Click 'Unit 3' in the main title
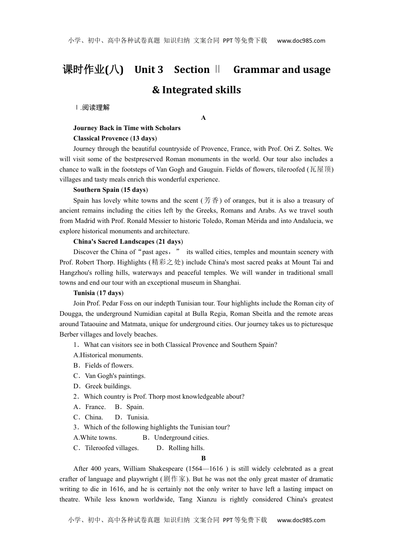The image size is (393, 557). [x=149, y=70]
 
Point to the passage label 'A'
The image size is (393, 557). [x=203, y=118]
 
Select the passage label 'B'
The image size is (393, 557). [x=203, y=458]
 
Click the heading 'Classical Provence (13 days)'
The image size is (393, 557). [x=115, y=138]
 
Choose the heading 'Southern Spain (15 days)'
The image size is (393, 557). [x=110, y=190]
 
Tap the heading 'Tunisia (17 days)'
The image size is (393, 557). [x=98, y=293]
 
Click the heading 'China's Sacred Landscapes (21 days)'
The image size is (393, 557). [x=128, y=242]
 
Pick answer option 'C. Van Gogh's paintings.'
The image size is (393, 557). [x=109, y=376]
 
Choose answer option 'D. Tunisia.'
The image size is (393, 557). [x=132, y=417]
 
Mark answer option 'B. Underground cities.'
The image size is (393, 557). [x=176, y=438]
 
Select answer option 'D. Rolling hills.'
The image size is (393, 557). [x=180, y=448]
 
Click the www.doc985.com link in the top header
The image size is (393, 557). [x=301, y=41]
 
